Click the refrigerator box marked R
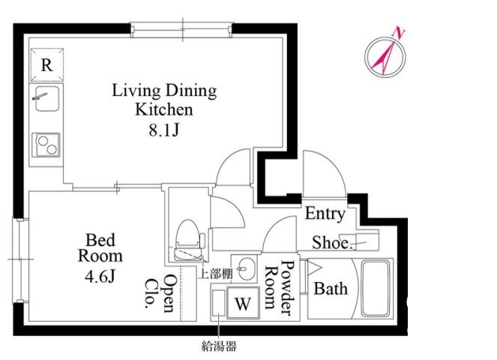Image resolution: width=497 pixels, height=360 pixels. (x=47, y=65)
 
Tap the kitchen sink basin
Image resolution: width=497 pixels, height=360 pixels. (x=47, y=99)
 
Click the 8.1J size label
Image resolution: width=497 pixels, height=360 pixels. (x=164, y=130)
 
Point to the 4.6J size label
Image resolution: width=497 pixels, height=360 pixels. (x=100, y=277)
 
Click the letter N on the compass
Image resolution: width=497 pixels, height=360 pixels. (x=399, y=33)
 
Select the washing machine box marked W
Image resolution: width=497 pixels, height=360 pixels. (x=243, y=302)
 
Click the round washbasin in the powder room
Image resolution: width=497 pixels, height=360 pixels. (x=247, y=269)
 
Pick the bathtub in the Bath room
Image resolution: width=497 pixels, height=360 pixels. (x=376, y=288)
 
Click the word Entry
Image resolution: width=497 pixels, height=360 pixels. (x=325, y=214)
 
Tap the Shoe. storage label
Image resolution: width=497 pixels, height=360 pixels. (x=332, y=243)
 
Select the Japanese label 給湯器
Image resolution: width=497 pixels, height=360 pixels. (x=219, y=346)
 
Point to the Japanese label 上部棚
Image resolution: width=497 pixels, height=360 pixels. (x=216, y=274)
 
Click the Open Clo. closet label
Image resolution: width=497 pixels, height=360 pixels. (x=160, y=292)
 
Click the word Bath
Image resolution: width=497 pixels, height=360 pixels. (x=331, y=289)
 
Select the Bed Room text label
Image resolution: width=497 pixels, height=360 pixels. (x=100, y=247)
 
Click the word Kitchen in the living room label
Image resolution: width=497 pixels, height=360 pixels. (x=164, y=109)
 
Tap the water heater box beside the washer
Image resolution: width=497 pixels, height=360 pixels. (x=218, y=302)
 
